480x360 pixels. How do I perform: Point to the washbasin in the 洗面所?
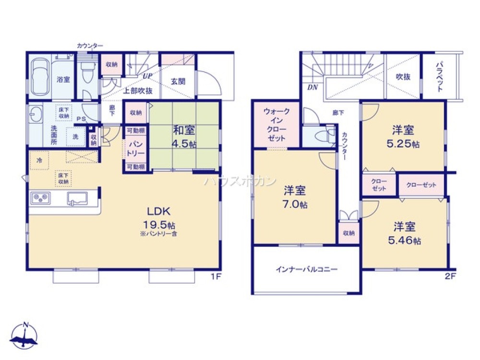coord(35,115)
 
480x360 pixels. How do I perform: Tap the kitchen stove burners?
coord(40,197)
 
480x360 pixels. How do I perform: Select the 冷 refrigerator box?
coord(39,160)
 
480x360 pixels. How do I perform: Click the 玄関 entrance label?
coord(178,81)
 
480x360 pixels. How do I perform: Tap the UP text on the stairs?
coord(147,76)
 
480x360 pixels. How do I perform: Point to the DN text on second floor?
coord(312,87)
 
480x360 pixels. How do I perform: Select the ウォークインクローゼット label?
coord(276,124)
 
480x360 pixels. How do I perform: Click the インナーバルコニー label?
coord(306,269)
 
